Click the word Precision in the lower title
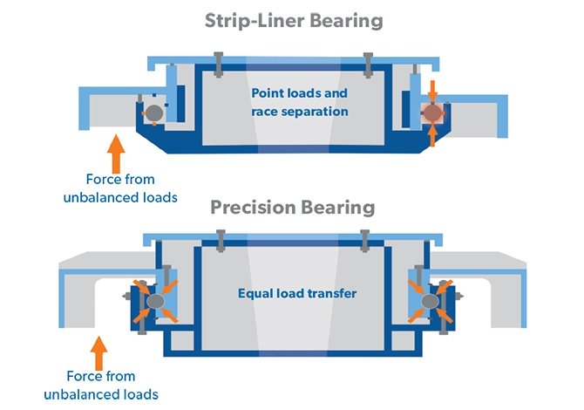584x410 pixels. [x=250, y=208]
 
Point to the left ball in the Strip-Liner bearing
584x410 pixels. [x=153, y=113]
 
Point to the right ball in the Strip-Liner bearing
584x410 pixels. [x=431, y=113]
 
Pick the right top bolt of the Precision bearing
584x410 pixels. [x=365, y=241]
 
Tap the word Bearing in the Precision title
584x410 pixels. [x=341, y=208]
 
